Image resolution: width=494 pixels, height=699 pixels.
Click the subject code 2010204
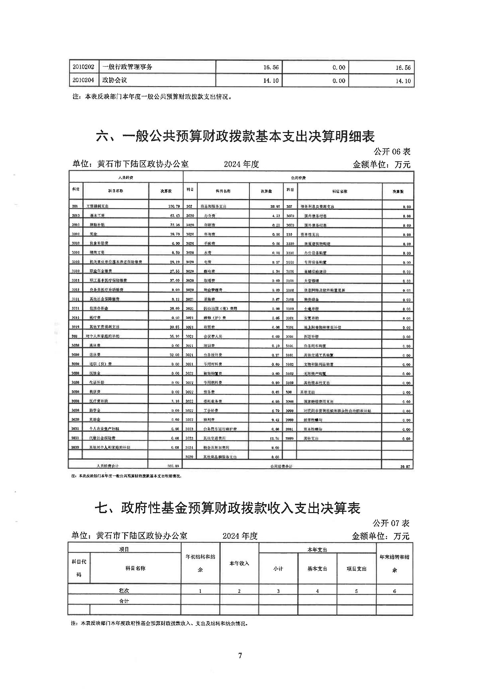[x=84, y=80]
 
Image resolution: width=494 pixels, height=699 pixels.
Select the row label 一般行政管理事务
[x=127, y=67]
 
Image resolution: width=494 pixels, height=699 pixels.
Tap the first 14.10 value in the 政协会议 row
[x=271, y=80]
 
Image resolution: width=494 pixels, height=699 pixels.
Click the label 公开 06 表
[x=392, y=152]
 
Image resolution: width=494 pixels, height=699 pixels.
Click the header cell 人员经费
[x=126, y=178]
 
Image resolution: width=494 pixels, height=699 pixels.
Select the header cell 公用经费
[x=298, y=178]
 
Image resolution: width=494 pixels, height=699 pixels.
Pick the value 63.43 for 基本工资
[x=174, y=215]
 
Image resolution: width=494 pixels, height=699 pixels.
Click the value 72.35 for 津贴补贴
[x=174, y=225]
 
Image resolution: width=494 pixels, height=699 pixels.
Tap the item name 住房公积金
[x=99, y=309]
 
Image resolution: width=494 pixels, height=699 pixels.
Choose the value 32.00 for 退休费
[x=174, y=355]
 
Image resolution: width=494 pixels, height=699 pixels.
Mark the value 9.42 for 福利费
[x=275, y=420]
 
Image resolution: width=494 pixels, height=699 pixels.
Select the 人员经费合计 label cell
[x=108, y=466]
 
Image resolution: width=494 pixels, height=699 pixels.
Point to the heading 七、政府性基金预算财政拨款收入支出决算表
[x=228, y=508]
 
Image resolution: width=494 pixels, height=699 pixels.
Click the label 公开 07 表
[x=391, y=523]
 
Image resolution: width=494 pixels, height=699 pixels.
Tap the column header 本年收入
[x=239, y=563]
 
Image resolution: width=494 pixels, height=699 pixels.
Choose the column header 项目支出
[x=356, y=569]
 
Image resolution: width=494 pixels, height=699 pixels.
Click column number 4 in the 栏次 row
[x=317, y=591]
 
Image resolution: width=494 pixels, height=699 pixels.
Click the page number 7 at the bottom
[x=240, y=655]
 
